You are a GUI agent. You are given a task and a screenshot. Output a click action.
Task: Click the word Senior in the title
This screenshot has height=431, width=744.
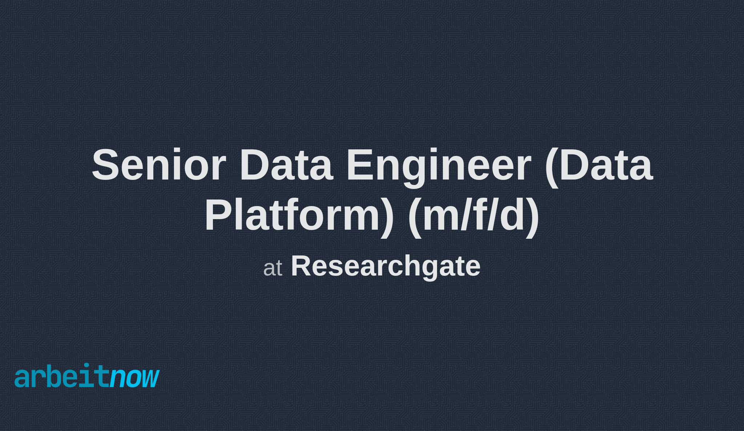(159, 165)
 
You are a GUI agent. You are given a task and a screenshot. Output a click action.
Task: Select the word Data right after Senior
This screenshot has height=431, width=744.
(286, 165)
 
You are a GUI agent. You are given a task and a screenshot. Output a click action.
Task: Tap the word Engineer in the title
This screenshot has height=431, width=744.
(439, 165)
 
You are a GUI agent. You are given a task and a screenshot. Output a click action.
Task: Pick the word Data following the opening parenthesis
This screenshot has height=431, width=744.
(606, 165)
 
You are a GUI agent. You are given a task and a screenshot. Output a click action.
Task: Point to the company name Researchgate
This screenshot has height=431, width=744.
(385, 266)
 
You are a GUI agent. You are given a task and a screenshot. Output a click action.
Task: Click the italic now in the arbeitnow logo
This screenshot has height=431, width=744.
(134, 378)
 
